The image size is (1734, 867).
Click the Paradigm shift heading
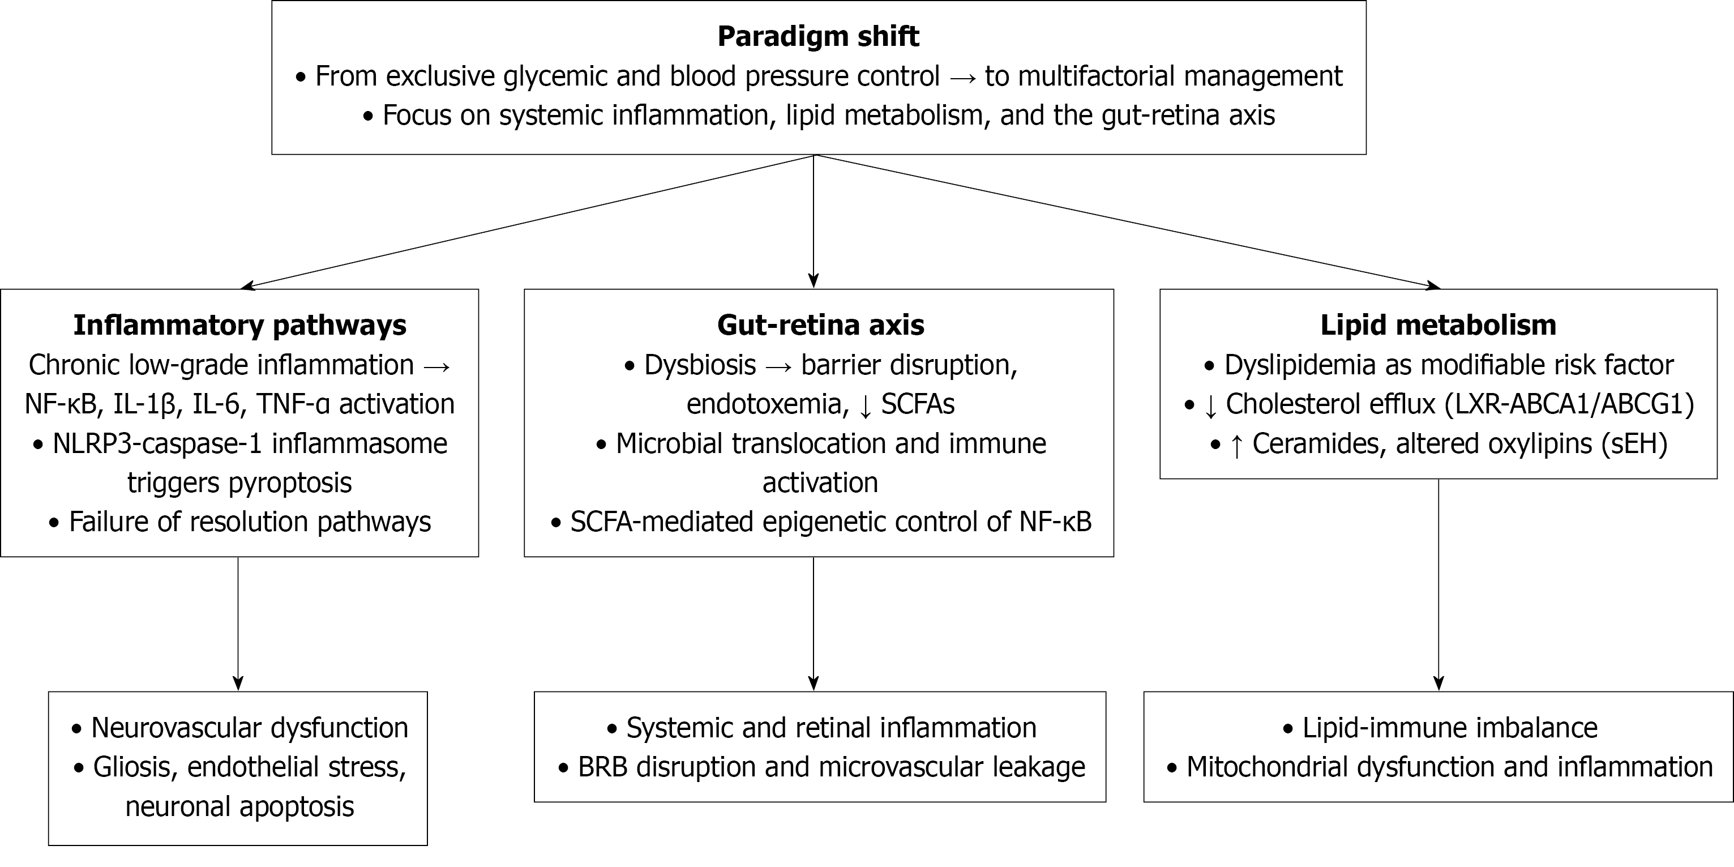[818, 36]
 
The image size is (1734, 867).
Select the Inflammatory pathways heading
[239, 325]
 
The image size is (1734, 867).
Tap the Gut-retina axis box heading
[820, 325]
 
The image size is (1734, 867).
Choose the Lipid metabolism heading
[1438, 325]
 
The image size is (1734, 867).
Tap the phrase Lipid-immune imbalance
[1449, 728]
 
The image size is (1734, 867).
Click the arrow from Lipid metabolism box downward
[1438, 586]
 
